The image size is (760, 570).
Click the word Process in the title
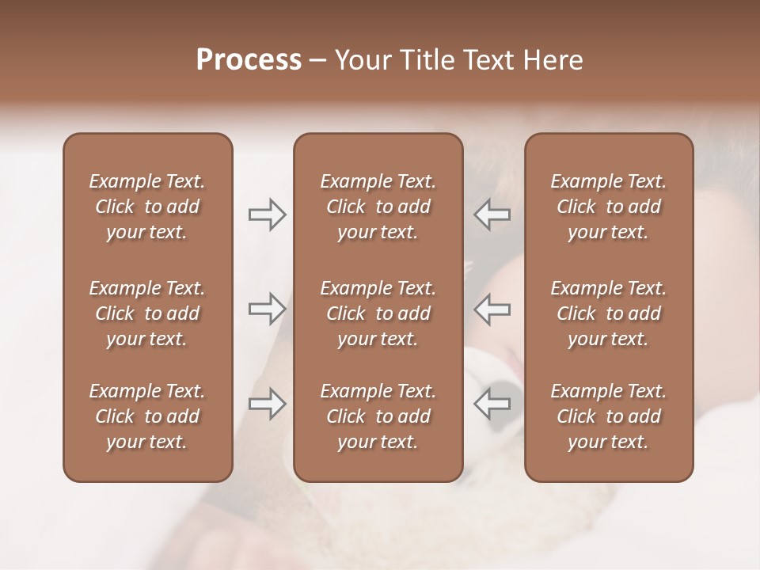(x=249, y=60)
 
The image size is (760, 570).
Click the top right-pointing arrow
(x=267, y=215)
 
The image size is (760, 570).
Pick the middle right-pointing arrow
(x=267, y=309)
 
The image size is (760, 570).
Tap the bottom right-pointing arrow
(x=267, y=404)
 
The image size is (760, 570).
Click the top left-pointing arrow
(x=492, y=215)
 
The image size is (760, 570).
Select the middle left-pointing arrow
(x=492, y=309)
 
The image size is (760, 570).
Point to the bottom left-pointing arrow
(x=492, y=404)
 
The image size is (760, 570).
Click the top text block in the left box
(x=147, y=207)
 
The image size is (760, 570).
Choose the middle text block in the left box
(x=147, y=313)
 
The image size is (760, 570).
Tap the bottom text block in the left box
(x=147, y=416)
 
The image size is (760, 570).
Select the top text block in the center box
(x=378, y=207)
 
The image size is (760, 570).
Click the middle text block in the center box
(x=378, y=313)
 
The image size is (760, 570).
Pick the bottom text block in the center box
(x=378, y=416)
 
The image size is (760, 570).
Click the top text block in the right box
(x=609, y=207)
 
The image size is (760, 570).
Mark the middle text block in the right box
(x=609, y=313)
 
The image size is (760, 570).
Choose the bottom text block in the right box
(x=609, y=416)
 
